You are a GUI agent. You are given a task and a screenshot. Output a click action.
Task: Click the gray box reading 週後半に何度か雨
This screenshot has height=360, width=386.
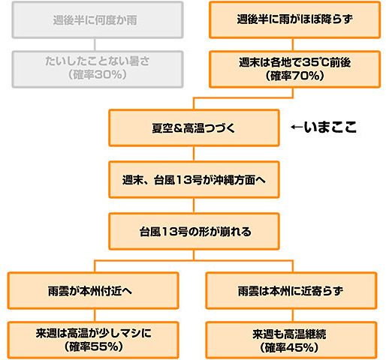98,20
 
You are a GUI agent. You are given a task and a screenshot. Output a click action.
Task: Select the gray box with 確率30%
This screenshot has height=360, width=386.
98,69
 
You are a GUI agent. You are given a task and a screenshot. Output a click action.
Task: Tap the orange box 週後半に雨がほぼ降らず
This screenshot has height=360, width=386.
295,20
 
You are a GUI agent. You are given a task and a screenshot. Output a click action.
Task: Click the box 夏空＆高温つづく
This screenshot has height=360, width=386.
194,127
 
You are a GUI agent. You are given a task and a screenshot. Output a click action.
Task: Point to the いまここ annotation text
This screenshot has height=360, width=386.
330,127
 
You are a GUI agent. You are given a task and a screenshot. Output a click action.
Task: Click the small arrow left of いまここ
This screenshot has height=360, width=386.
297,127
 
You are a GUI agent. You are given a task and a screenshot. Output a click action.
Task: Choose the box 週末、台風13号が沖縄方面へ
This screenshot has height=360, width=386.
194,180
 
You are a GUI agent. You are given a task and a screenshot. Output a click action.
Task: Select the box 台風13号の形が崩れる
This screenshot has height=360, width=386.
194,232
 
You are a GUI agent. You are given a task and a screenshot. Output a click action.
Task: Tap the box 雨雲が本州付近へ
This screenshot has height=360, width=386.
93,291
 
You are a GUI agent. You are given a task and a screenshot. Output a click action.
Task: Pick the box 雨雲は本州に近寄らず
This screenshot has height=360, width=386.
291,291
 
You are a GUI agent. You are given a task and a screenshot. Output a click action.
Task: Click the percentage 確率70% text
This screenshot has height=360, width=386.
294,76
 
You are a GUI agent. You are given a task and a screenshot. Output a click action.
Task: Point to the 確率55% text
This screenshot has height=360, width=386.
94,346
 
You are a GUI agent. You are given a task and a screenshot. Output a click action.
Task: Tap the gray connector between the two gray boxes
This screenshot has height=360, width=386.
95,45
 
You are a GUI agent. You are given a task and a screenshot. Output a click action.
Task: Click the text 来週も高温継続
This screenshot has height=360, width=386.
289,334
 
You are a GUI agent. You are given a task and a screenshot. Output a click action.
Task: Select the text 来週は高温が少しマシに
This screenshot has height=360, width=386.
94,333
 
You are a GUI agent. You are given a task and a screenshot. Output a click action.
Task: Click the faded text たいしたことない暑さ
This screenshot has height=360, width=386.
98,61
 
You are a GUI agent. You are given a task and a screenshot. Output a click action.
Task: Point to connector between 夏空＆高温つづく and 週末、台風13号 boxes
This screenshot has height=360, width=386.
194,154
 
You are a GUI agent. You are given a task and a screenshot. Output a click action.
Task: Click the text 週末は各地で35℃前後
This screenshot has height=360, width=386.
294,62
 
